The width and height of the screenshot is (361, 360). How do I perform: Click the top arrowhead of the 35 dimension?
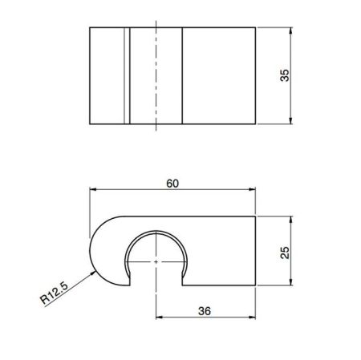pyautogui.click(x=290, y=29)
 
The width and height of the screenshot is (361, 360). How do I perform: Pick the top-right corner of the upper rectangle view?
pyautogui.click(x=256, y=27)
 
